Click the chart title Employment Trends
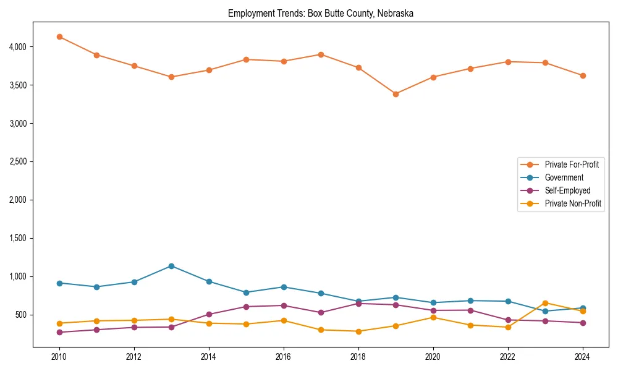pyautogui.click(x=320, y=13)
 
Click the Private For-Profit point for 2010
pyautogui.click(x=59, y=36)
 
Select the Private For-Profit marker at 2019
pyautogui.click(x=396, y=94)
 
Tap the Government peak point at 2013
pyautogui.click(x=171, y=266)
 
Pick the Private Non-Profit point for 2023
pyautogui.click(x=545, y=303)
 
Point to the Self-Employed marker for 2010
pyautogui.click(x=59, y=332)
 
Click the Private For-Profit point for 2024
pyautogui.click(x=583, y=75)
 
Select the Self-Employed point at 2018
pyautogui.click(x=358, y=304)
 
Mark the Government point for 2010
pyautogui.click(x=59, y=283)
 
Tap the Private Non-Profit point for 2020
pyautogui.click(x=433, y=317)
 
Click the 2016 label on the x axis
pyautogui.click(x=284, y=357)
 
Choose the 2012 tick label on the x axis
pyautogui.click(x=134, y=357)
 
